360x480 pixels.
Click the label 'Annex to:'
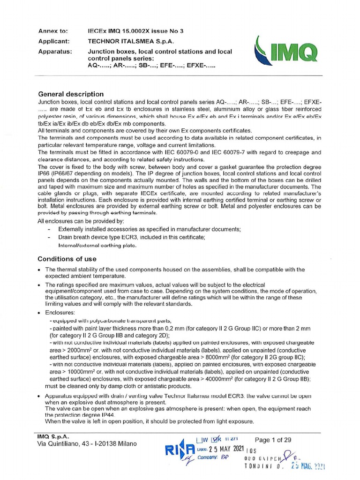[x=52, y=31]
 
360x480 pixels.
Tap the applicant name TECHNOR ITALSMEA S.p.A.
[x=127, y=41]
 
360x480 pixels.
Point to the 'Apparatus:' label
[x=55, y=52]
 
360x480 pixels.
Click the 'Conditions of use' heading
[x=67, y=259]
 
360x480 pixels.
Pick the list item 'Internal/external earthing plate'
[x=97, y=245]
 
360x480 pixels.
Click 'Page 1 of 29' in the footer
[x=275, y=440]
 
